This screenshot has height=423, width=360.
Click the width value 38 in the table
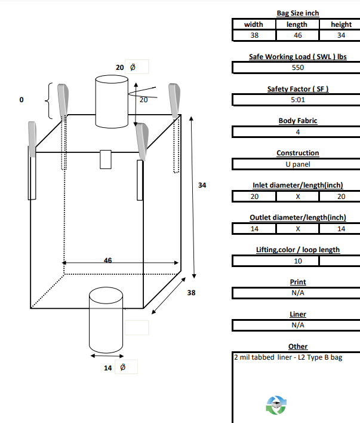(254, 35)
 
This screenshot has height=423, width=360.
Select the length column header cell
(297, 24)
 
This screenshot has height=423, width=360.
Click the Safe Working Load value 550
(297, 68)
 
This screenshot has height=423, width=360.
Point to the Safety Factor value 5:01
(297, 100)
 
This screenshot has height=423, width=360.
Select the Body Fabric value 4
(297, 132)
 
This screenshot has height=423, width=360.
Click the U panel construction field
(297, 164)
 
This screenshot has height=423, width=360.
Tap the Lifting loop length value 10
(297, 261)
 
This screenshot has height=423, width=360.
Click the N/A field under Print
(297, 293)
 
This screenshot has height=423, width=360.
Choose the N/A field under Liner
(297, 326)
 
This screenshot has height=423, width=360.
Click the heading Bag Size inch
(297, 13)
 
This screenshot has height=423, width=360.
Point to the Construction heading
(297, 153)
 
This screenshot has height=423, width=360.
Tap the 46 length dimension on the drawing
(108, 260)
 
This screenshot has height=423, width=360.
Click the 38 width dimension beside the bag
(191, 293)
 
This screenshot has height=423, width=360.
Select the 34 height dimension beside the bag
(202, 186)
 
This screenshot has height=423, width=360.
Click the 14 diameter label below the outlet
(108, 368)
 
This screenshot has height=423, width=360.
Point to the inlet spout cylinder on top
(112, 102)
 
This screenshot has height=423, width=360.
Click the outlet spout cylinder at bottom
(106, 321)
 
